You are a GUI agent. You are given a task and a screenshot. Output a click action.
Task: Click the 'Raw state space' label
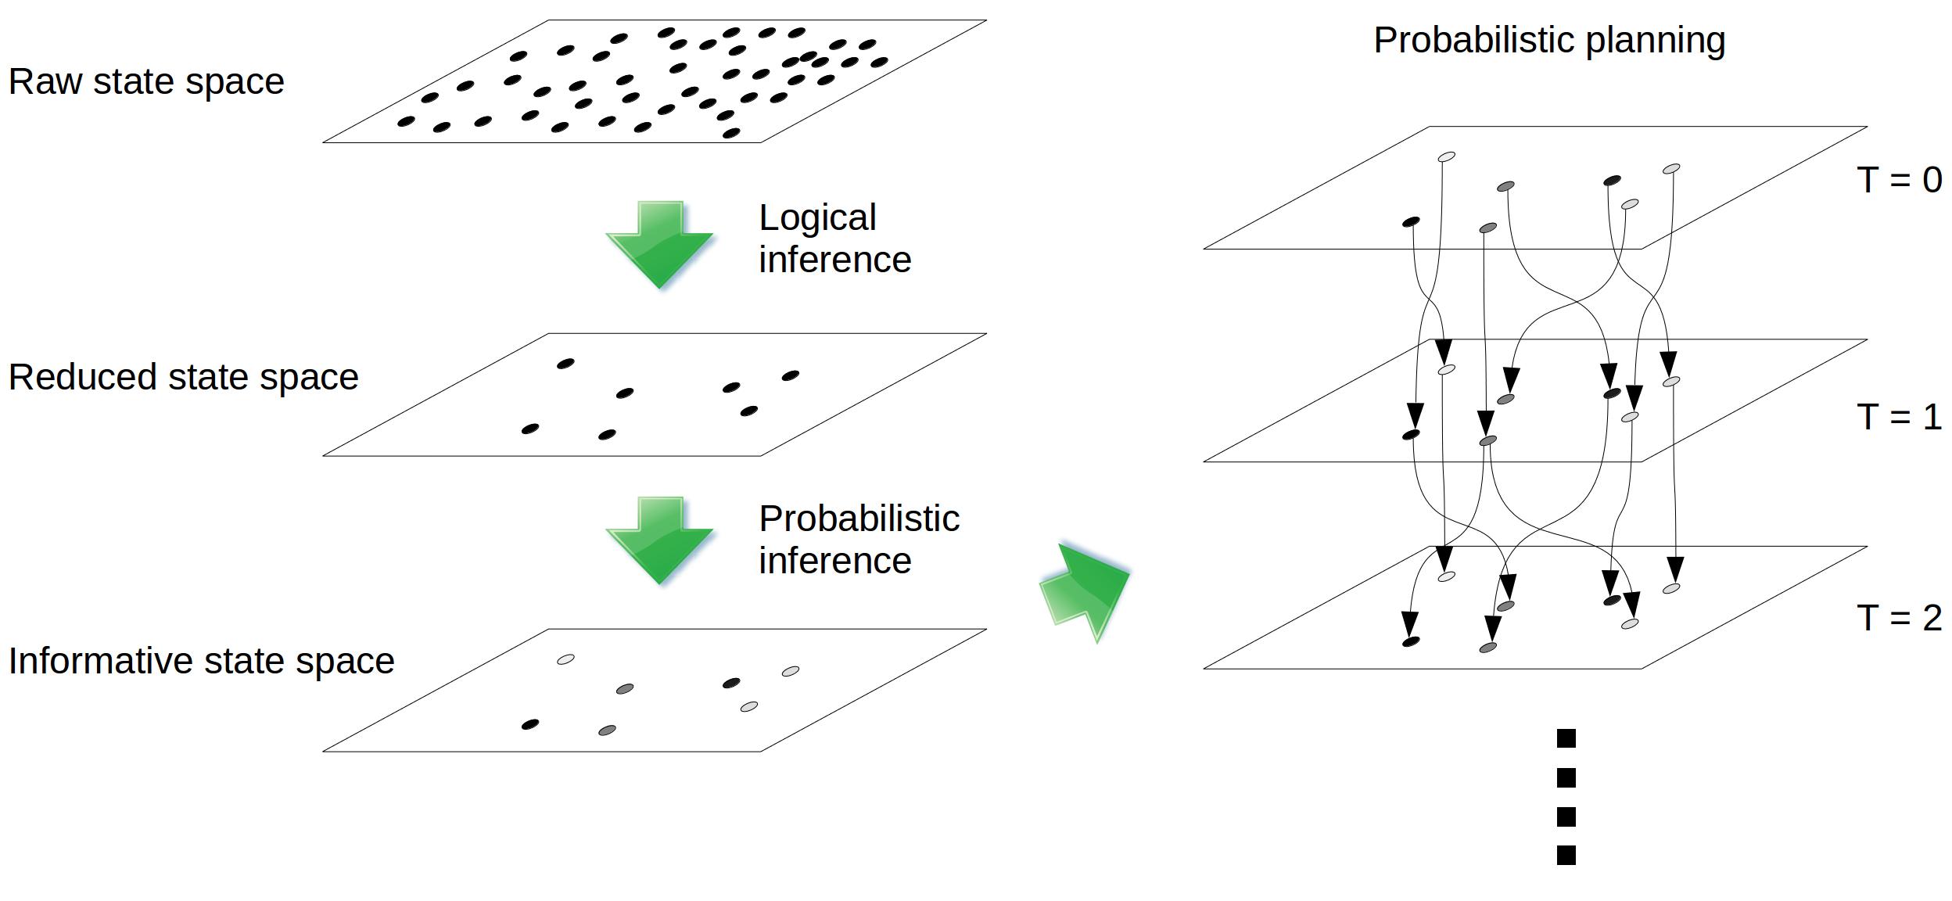[146, 82]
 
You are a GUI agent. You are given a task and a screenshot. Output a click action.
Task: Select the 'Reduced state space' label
[183, 377]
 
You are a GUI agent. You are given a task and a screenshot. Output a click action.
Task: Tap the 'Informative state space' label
[201, 661]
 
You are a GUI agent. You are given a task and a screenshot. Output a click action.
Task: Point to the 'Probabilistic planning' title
[1548, 41]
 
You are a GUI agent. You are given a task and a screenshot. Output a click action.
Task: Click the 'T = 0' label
[1899, 181]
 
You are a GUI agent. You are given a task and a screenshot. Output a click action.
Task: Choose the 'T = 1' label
[1899, 418]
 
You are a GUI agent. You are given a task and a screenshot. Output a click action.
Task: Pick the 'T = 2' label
[1899, 619]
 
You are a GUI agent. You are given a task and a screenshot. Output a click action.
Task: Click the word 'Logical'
[817, 218]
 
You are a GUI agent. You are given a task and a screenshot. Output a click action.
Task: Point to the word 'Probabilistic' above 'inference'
[859, 519]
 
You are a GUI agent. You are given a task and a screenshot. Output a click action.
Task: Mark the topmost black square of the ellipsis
[1566, 738]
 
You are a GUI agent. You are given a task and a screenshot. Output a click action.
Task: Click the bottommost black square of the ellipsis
[1566, 855]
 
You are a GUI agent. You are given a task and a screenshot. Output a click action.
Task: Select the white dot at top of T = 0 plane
[1447, 157]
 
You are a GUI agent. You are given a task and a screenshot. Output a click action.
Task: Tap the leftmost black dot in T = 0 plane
[1411, 222]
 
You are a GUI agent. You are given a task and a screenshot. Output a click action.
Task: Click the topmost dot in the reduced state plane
[565, 364]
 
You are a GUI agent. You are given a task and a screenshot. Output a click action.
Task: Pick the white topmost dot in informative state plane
[565, 659]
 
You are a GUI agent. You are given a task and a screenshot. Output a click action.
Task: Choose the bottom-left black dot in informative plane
[530, 724]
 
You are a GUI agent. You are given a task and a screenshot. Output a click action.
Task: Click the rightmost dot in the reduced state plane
[791, 376]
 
